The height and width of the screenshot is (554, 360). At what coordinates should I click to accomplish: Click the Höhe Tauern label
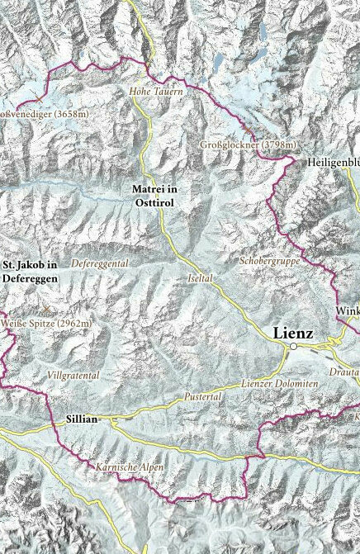pyautogui.click(x=156, y=92)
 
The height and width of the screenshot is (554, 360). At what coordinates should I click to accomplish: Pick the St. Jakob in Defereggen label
pyautogui.click(x=30, y=272)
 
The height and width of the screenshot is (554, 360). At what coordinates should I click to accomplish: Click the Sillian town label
pyautogui.click(x=81, y=419)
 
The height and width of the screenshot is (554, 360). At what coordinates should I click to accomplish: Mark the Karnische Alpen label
pyautogui.click(x=129, y=467)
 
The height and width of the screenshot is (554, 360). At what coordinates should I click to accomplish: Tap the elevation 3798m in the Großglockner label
pyautogui.click(x=278, y=144)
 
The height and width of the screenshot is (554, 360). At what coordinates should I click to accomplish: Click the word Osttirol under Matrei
pyautogui.click(x=154, y=201)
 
